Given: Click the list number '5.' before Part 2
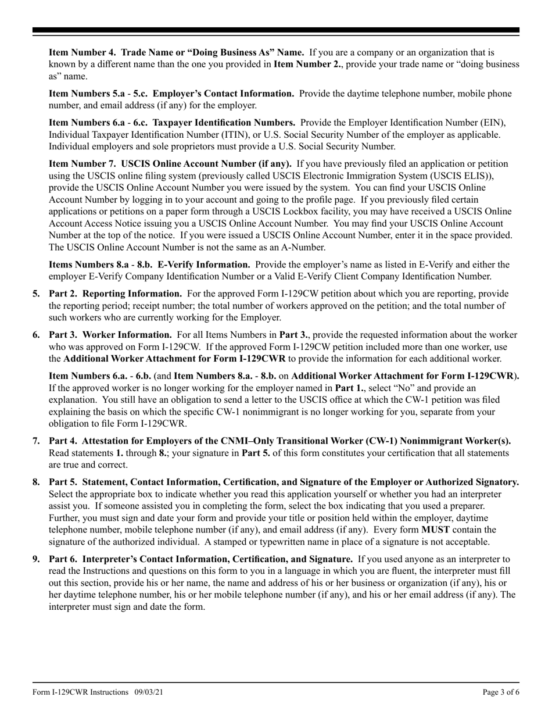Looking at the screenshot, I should tap(36, 294).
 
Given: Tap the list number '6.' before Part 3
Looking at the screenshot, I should tap(36, 335).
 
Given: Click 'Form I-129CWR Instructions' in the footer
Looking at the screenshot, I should tap(81, 692).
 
